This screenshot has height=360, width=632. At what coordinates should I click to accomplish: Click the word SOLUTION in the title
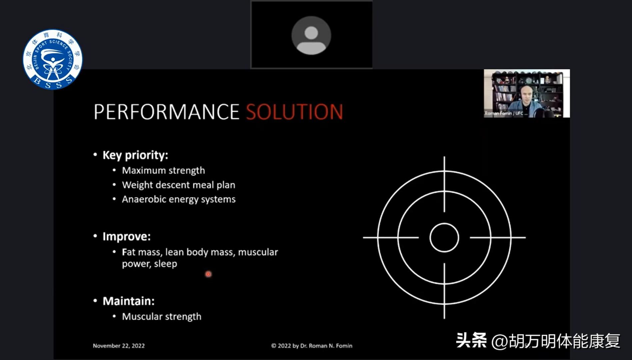(295, 112)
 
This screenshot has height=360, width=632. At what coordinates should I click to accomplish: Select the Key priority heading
(135, 155)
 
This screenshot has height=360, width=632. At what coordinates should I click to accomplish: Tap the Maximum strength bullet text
(163, 170)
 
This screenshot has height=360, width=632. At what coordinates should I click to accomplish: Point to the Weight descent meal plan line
(179, 185)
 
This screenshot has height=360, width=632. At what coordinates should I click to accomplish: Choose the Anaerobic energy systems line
(179, 199)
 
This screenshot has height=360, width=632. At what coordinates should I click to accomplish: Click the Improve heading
(127, 236)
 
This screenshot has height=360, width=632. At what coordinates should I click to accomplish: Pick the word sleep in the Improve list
(166, 264)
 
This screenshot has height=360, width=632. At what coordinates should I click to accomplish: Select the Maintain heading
(129, 301)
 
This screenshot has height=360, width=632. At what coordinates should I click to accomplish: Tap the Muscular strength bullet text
(162, 316)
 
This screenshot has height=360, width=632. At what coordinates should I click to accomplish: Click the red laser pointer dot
(208, 274)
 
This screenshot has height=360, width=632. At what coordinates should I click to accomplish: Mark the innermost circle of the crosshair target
(444, 238)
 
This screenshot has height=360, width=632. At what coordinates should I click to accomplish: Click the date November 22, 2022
(119, 346)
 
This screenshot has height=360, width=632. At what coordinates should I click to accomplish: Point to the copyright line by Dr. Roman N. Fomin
(312, 346)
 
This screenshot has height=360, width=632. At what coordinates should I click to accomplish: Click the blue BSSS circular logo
(52, 59)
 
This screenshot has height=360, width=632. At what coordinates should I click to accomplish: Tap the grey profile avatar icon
(311, 35)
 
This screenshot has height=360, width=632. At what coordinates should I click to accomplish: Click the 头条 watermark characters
(471, 340)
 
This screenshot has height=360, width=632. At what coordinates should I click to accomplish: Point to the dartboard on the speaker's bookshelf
(529, 80)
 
